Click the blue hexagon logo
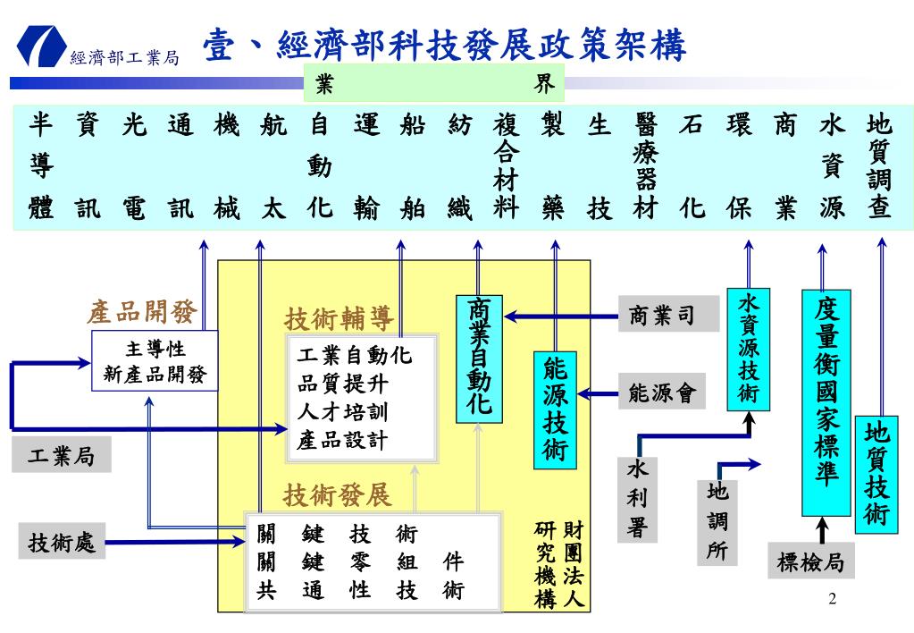pyautogui.click(x=41, y=45)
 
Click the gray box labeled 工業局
pyautogui.click(x=62, y=455)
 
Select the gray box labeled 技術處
pyautogui.click(x=62, y=542)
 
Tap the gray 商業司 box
pyautogui.click(x=668, y=315)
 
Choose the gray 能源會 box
pyautogui.click(x=662, y=392)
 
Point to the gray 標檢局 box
pyautogui.click(x=811, y=561)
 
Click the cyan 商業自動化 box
pyautogui.click(x=479, y=359)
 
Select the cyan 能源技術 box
pyautogui.click(x=555, y=410)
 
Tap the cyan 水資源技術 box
pyautogui.click(x=749, y=349)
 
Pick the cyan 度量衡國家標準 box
pyautogui.click(x=826, y=402)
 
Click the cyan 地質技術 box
pyautogui.click(x=876, y=475)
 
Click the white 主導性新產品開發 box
pyautogui.click(x=155, y=360)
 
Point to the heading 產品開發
pyautogui.click(x=142, y=311)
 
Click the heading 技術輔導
pyautogui.click(x=339, y=318)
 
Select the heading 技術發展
pyautogui.click(x=338, y=495)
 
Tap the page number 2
pyautogui.click(x=832, y=598)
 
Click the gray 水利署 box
pyautogui.click(x=638, y=500)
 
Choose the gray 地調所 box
pyautogui.click(x=717, y=522)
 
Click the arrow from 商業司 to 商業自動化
pyautogui.click(x=561, y=316)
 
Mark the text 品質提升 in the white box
pyautogui.click(x=342, y=384)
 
